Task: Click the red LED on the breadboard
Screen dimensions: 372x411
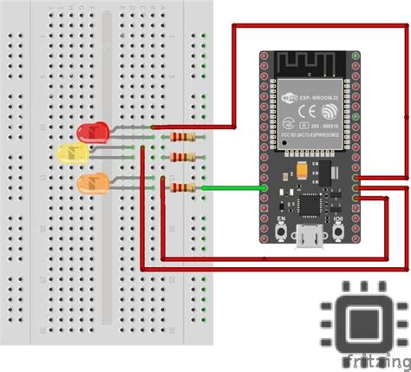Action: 90,133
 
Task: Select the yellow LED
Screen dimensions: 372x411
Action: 71,153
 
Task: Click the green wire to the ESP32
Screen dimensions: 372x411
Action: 232,187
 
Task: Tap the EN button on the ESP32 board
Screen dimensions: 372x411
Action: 282,232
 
